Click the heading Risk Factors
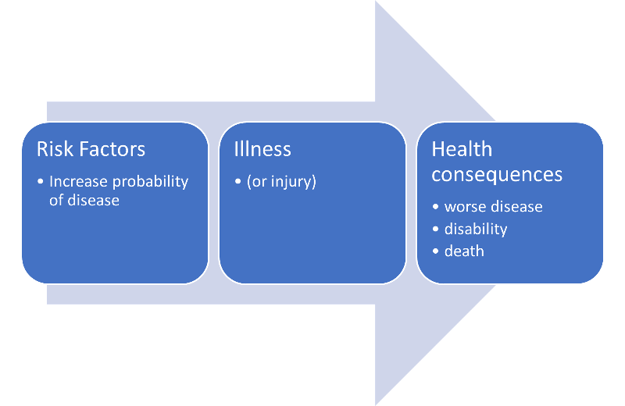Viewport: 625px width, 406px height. click(x=91, y=148)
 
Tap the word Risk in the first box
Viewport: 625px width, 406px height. click(x=52, y=148)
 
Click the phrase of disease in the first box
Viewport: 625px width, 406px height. click(x=84, y=200)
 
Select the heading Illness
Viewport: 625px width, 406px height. click(x=262, y=148)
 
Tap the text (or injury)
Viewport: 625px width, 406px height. click(x=281, y=182)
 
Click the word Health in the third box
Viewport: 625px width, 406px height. click(x=462, y=148)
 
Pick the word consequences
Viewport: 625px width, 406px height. click(x=497, y=173)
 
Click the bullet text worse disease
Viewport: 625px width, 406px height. click(x=493, y=207)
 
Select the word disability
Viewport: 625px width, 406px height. click(x=476, y=229)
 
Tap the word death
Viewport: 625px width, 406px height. click(x=464, y=251)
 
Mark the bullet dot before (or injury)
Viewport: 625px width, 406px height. click(x=237, y=182)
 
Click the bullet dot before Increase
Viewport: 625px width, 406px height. click(x=41, y=182)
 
